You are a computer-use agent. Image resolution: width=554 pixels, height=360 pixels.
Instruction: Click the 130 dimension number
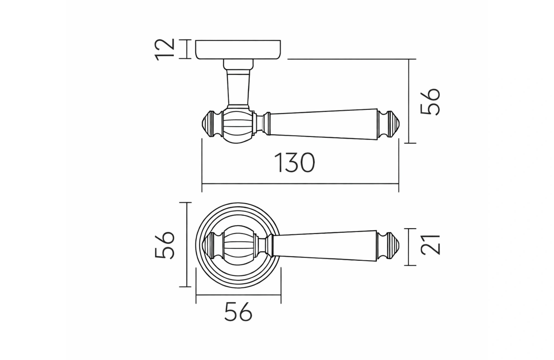pos(294,163)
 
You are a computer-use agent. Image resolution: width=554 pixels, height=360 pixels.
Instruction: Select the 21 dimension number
pos(430,245)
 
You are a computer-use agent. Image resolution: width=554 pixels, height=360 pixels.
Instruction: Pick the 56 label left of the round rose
pos(165,245)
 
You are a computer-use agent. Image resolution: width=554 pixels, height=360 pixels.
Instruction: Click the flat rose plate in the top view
pos(238,50)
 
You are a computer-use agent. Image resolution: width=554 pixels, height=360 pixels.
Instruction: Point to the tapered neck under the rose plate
pos(238,87)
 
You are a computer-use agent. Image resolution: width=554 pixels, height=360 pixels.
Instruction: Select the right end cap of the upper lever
pos(389,124)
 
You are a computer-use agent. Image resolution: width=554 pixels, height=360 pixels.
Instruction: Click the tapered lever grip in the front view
pos(324,245)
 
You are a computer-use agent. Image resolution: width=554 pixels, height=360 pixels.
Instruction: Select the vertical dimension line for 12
pos(187,49)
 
